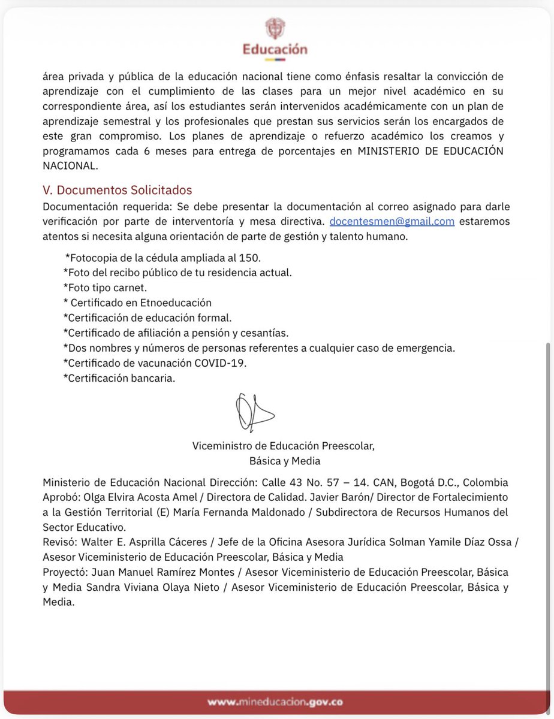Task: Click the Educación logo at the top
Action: coord(275,37)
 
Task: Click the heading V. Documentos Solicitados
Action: coord(118,190)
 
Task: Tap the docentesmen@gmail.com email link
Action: coord(392,221)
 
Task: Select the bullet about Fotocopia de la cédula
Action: coord(163,258)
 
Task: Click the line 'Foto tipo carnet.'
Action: coord(105,288)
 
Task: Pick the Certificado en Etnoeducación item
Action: coord(137,303)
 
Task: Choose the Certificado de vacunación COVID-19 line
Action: coord(155,363)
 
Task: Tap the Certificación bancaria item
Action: coord(119,378)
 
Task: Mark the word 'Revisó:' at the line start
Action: coord(61,542)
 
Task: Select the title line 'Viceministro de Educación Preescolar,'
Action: coord(284,446)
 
